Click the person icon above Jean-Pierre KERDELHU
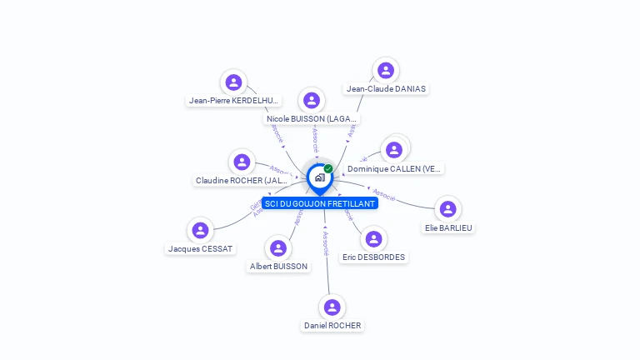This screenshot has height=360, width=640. tap(233, 82)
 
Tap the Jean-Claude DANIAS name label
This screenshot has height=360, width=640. tap(386, 88)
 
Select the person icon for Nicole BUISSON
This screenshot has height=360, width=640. tap(312, 101)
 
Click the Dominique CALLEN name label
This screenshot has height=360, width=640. tap(393, 168)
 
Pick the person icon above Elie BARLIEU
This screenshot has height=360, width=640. tap(448, 208)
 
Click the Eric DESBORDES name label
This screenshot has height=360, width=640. tap(374, 257)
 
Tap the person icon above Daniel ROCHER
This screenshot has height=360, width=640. tap(332, 307)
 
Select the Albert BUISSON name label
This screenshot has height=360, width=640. tap(278, 267)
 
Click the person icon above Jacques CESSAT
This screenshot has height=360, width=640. tap(200, 230)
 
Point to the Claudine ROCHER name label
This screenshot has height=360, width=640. tap(242, 180)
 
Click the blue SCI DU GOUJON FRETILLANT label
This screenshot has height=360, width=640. tap(320, 203)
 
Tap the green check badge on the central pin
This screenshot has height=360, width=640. tap(328, 169)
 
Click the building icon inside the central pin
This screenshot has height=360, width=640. tap(319, 177)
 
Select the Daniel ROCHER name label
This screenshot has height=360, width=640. tap(332, 325)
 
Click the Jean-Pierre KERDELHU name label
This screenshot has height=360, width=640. tap(233, 100)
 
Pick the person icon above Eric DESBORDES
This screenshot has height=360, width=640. tap(375, 239)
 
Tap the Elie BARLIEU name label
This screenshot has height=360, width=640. tap(448, 227)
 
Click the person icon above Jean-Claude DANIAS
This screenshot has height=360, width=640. tap(385, 70)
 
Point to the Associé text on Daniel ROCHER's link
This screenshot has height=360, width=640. tap(326, 243)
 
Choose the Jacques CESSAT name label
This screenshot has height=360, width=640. tap(201, 248)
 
